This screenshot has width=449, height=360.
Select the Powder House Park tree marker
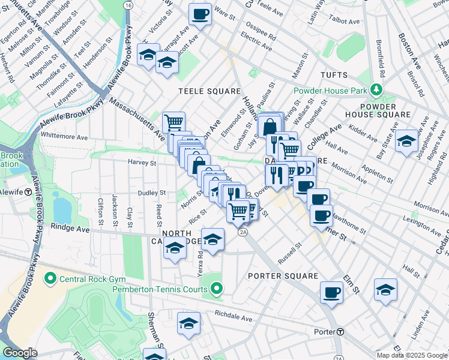point(376,90)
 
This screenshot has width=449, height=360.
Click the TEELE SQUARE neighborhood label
point(209,91)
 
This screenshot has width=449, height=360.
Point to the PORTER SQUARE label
point(283,276)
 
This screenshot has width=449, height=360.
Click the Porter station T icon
point(340,332)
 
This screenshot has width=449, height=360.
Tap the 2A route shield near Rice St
point(243,233)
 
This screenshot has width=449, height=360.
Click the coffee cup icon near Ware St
point(200,13)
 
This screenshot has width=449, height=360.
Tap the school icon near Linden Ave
point(385,290)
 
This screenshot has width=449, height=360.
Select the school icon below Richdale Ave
point(188,323)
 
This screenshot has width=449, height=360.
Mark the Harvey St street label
point(142,162)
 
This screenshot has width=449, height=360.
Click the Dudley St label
point(152,193)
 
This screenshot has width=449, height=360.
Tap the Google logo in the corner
point(20,353)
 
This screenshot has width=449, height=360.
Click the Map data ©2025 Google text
point(411,355)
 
